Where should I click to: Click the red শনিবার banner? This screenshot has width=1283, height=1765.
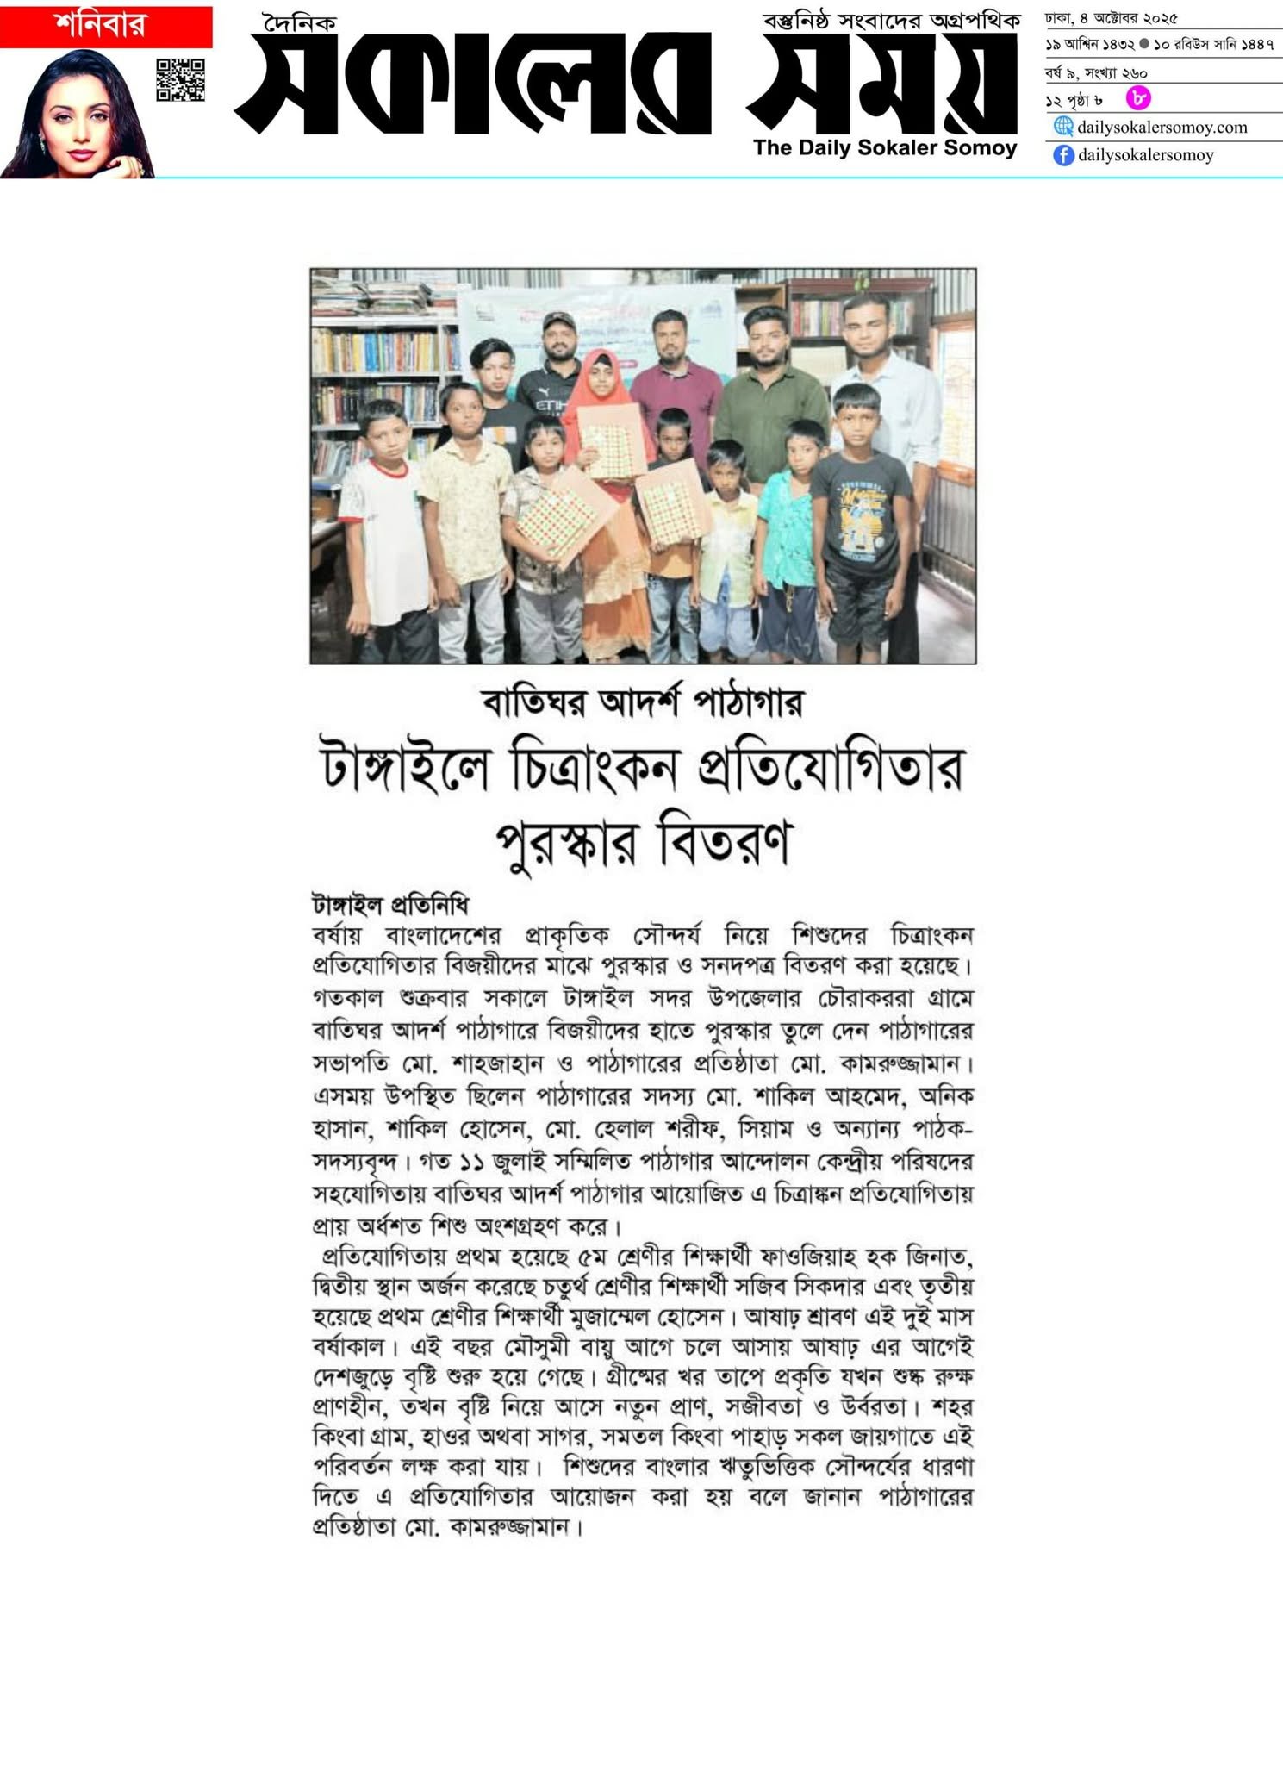[106, 27]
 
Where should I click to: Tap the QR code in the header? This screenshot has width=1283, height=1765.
[181, 80]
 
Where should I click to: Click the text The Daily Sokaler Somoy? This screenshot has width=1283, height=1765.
[885, 148]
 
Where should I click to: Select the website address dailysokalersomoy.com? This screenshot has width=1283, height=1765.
[1162, 128]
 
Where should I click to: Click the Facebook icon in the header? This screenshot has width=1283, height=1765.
[1063, 156]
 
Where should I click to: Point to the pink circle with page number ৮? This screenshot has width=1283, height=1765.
[1138, 99]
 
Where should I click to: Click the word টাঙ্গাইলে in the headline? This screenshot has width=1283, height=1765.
[405, 770]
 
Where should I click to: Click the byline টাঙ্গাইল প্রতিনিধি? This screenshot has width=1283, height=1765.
[390, 905]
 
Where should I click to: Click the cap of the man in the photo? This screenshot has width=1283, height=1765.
[559, 322]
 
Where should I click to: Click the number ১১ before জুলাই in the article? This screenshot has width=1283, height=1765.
[470, 1162]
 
